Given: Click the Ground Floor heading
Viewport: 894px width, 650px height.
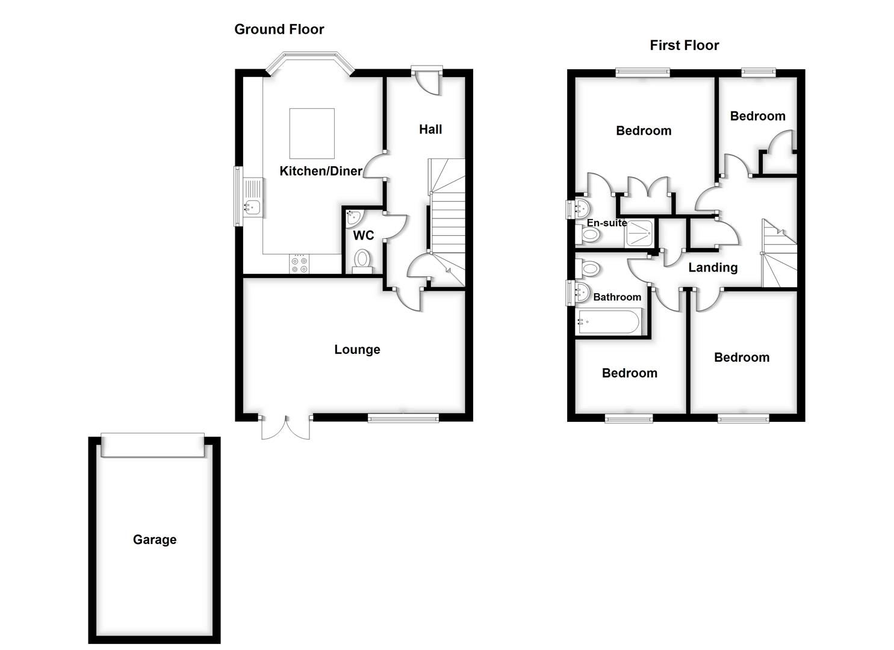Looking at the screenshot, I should point(279,29).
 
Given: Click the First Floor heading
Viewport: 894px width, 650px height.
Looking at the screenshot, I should point(684,46).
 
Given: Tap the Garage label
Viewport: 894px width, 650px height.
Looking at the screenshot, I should point(155,540).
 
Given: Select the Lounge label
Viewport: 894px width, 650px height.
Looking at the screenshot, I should point(357,350).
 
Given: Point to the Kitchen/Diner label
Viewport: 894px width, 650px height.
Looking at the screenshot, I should point(321,172).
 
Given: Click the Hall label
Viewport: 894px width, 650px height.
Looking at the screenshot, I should point(430,129).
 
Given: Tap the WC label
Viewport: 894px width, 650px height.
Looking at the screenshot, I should point(363,235).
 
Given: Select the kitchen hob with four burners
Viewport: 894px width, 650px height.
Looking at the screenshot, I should point(299,264).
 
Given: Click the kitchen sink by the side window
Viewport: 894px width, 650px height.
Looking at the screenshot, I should point(253,199).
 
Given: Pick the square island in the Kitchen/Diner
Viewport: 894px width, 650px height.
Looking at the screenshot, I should point(312,133).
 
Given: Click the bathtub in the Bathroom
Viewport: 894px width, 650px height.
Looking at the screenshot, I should point(608,321).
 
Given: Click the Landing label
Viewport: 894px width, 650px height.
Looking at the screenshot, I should point(713,268).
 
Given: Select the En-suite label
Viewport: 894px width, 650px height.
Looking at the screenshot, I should point(606,223).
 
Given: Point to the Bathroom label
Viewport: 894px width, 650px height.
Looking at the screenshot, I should point(617,297).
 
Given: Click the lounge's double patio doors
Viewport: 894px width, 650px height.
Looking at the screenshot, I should point(286,426).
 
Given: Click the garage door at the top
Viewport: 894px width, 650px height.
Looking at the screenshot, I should point(152,445).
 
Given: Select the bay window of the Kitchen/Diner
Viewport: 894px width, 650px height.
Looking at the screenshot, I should point(309,62).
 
